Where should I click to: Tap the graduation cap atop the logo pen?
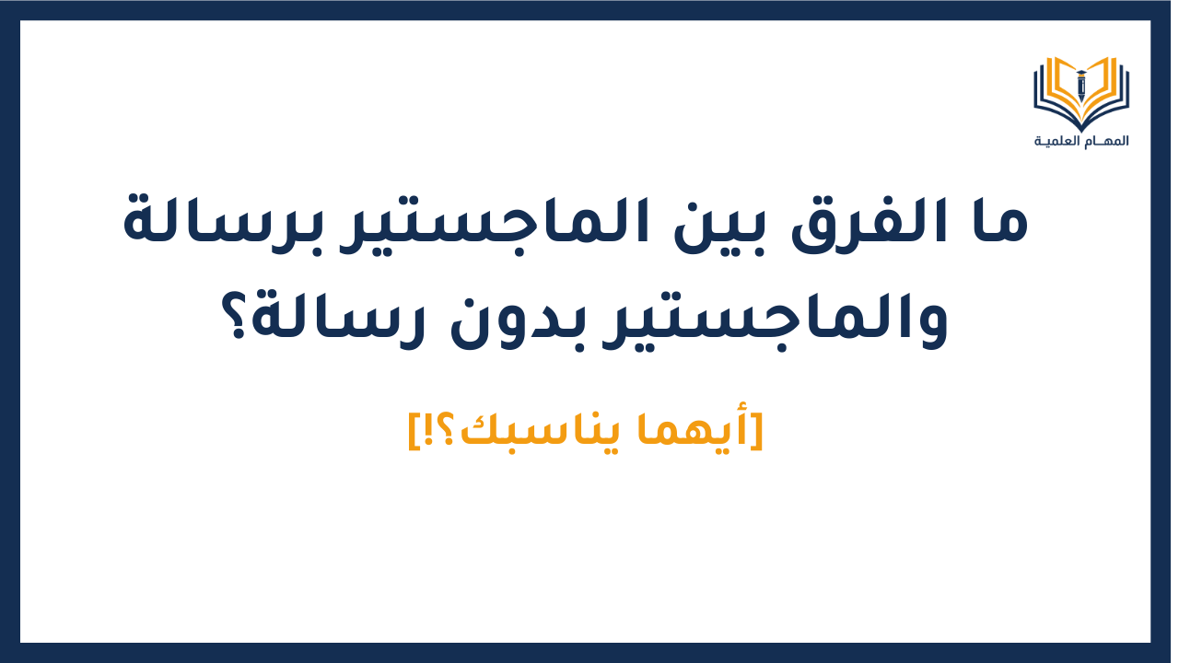(1081, 71)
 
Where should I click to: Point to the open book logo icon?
(1081, 92)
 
